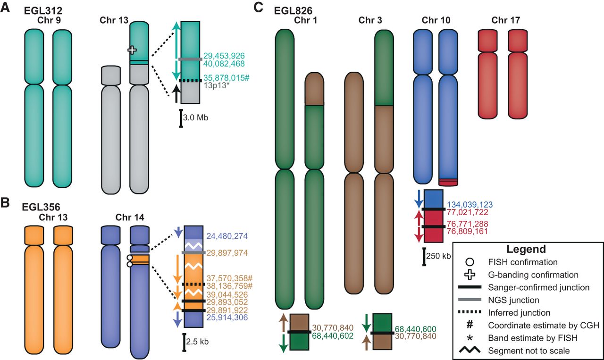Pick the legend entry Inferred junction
[x=519, y=312]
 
